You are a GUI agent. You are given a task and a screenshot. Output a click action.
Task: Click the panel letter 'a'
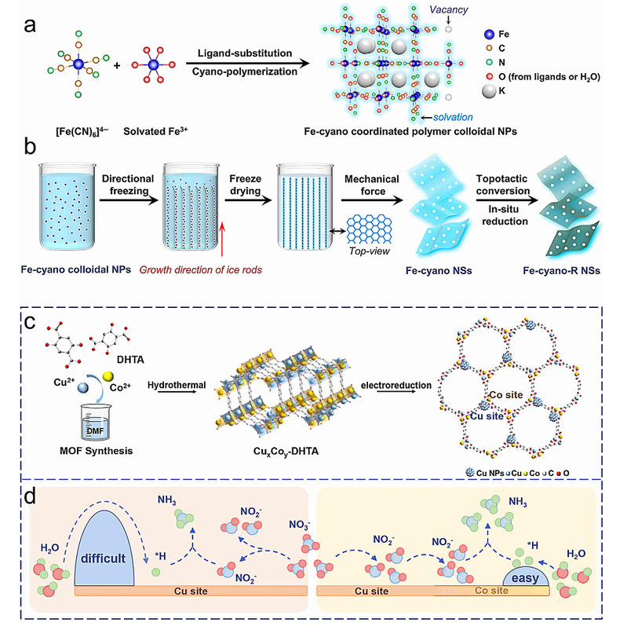click(x=30, y=26)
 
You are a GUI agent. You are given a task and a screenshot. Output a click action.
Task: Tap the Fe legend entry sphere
click(x=489, y=35)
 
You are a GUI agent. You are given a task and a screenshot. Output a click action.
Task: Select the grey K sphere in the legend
click(x=489, y=91)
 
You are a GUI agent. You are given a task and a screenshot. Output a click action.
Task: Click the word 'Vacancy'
click(x=449, y=9)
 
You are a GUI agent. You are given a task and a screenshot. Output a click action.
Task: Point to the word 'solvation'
click(x=453, y=117)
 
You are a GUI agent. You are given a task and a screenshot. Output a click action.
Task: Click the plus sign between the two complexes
click(x=117, y=65)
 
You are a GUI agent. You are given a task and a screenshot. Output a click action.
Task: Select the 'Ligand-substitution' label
click(x=245, y=53)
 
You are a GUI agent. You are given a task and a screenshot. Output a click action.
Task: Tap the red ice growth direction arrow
click(x=222, y=239)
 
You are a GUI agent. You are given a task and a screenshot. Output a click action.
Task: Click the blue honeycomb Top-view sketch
click(x=369, y=229)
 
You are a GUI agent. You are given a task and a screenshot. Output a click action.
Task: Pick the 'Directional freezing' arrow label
click(x=128, y=185)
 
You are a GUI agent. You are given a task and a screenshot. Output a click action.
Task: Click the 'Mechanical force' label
click(x=372, y=185)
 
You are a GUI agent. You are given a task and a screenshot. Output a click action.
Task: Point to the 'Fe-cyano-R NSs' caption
click(x=561, y=271)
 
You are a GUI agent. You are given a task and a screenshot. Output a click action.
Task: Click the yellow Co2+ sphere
click(x=108, y=376)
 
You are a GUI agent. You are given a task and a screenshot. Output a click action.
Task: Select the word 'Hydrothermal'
click(x=177, y=385)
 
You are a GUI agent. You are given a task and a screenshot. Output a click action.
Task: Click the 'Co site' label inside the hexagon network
click(x=506, y=395)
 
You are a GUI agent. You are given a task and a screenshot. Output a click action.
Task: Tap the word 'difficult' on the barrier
click(x=103, y=558)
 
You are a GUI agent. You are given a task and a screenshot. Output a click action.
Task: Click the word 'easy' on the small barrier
click(x=526, y=578)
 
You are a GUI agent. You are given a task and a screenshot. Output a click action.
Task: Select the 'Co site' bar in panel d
click(x=492, y=591)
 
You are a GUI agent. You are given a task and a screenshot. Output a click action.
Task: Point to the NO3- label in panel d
click(x=300, y=525)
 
